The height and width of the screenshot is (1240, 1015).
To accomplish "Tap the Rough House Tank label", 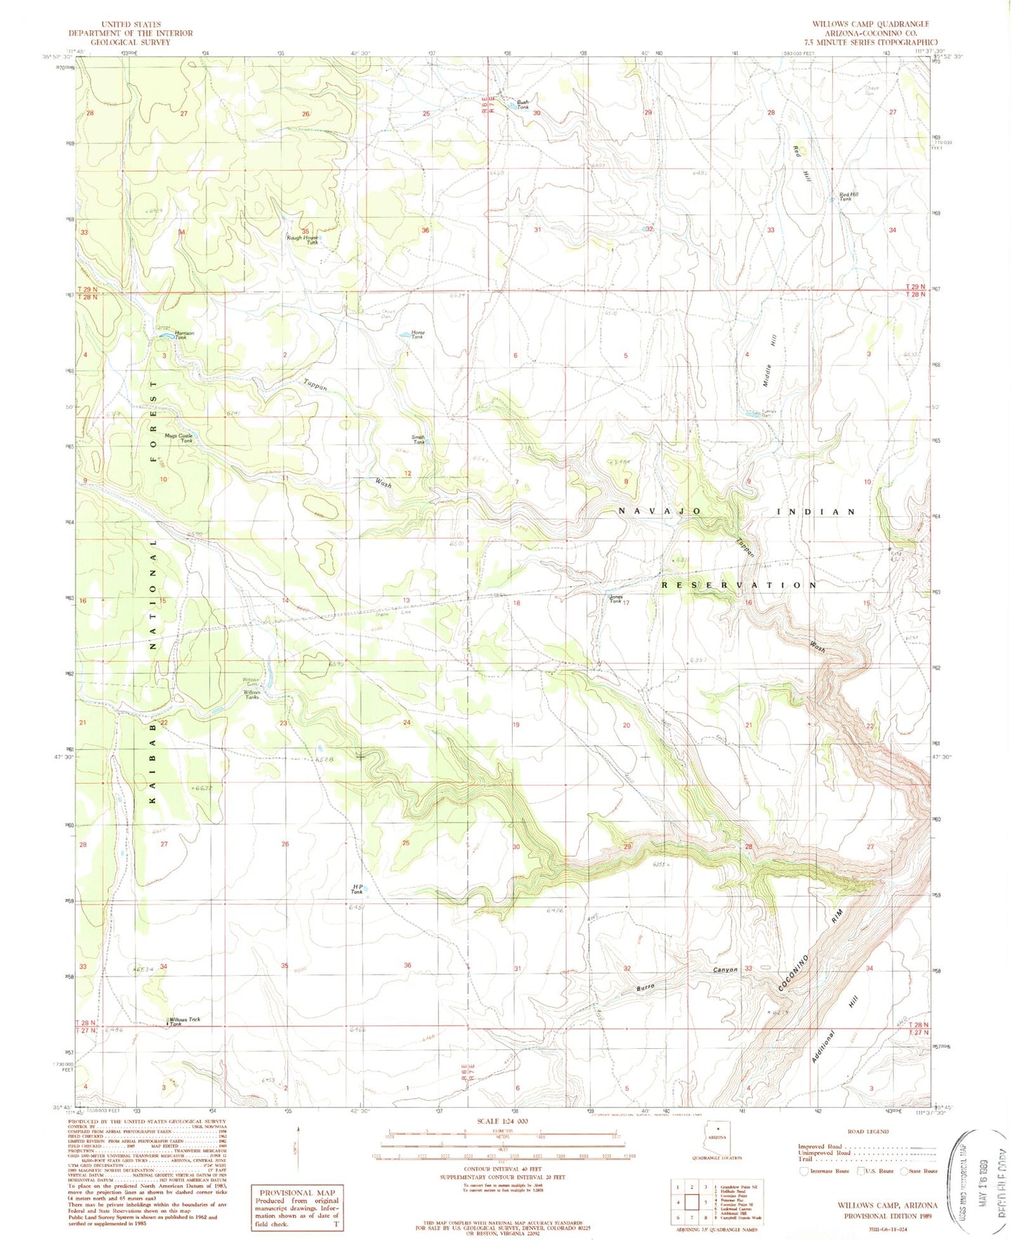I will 303,240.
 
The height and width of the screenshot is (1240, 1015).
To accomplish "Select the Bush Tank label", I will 523,104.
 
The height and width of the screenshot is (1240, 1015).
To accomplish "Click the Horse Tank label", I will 418,335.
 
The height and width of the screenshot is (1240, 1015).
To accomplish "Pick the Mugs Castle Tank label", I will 179,438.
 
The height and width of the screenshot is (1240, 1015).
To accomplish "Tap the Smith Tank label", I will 419,440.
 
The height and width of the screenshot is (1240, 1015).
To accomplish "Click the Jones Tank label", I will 615,599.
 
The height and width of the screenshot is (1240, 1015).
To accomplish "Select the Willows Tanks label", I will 251,695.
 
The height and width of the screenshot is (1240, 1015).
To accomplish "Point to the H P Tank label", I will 357,890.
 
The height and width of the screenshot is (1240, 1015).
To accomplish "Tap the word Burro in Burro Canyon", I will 646,988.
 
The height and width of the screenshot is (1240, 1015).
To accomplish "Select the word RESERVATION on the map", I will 740,585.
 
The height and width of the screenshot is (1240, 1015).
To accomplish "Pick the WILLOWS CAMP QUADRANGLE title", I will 870,24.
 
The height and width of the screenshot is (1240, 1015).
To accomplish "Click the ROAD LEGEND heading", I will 867,1131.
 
